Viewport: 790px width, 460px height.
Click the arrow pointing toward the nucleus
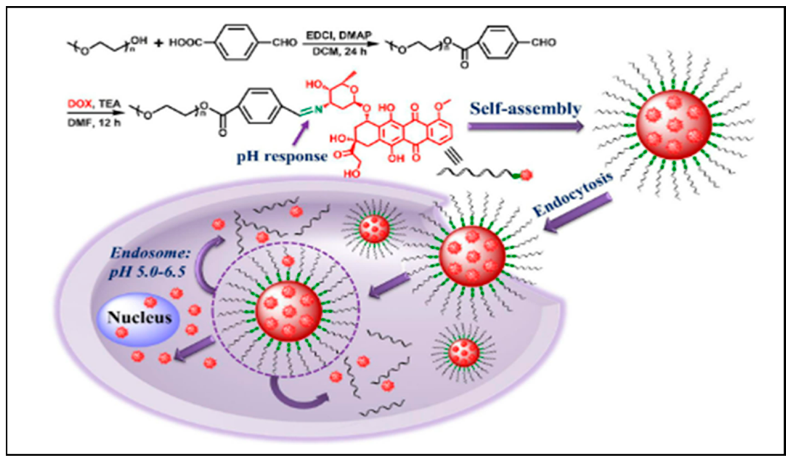pyautogui.click(x=193, y=351)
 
